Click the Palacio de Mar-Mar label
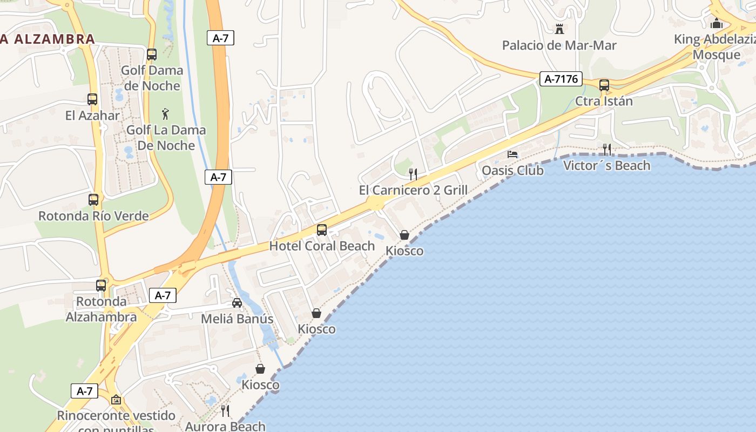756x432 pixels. [559, 45]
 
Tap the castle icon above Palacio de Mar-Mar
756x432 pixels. [559, 29]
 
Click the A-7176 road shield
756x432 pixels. [561, 79]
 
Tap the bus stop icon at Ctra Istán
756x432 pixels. [604, 85]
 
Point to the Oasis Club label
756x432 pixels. [512, 171]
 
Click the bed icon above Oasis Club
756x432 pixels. [512, 154]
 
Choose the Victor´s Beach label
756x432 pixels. [606, 166]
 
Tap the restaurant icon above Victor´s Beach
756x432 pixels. [607, 150]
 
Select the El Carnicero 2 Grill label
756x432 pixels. [413, 190]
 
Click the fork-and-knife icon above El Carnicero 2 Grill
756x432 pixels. [413, 174]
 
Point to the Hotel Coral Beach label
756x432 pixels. [322, 246]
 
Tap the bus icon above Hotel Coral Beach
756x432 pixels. [322, 230]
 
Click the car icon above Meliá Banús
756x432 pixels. [237, 303]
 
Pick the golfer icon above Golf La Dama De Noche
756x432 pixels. [165, 114]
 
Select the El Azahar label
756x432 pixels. [92, 116]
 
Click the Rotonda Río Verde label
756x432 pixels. [93, 216]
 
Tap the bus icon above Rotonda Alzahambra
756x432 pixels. [101, 286]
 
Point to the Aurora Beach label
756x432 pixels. [225, 427]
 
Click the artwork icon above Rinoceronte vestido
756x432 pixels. [116, 400]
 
